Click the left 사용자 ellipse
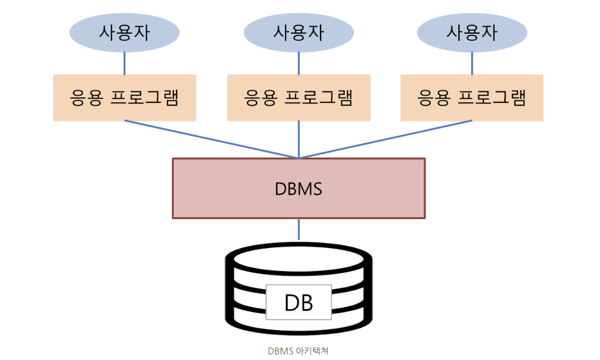click(x=124, y=32)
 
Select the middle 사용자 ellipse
click(x=299, y=32)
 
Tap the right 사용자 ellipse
click(x=472, y=32)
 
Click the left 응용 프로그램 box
click(x=124, y=98)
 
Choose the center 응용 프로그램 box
click(x=299, y=98)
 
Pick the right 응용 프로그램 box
click(x=472, y=98)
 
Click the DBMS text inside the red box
click(x=299, y=189)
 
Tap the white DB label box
click(x=299, y=302)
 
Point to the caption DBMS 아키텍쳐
click(x=298, y=351)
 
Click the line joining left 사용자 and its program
click(x=124, y=63)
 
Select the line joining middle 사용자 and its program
click(x=299, y=63)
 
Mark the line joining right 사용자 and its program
click(x=472, y=63)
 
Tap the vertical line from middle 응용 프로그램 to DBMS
click(x=299, y=139)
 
